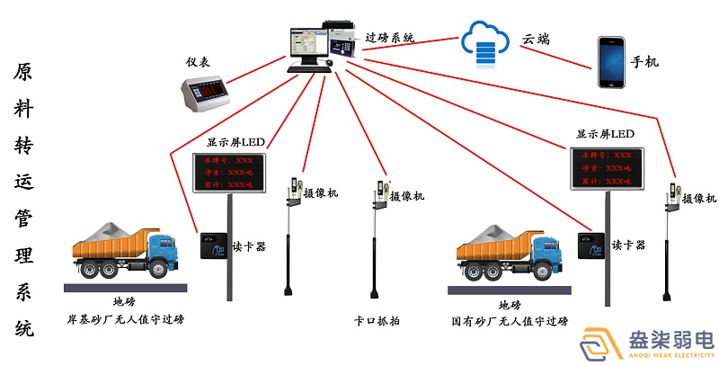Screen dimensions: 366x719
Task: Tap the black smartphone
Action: [x=611, y=62]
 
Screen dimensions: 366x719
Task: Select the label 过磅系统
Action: [x=390, y=38]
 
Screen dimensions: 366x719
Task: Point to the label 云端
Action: [x=536, y=40]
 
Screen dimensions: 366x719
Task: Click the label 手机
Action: [x=644, y=62]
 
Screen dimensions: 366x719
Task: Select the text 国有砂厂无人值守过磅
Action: [x=510, y=319]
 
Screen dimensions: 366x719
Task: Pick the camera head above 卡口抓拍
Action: [x=380, y=192]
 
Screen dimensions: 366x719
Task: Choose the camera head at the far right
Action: [x=670, y=196]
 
